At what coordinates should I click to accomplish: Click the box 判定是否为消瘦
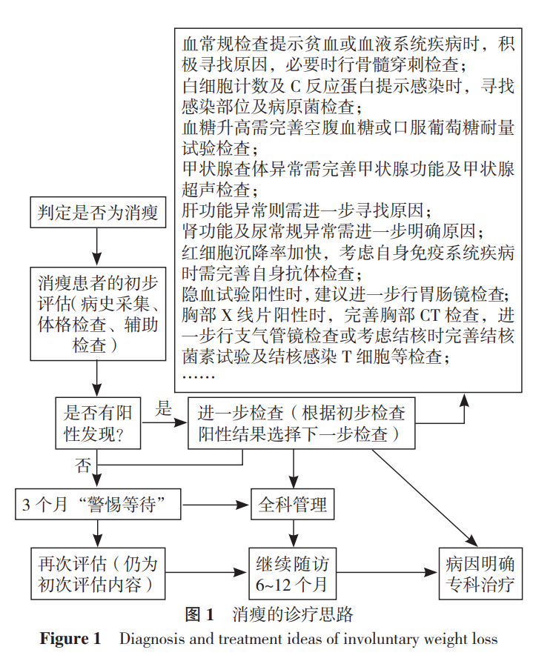[98, 212]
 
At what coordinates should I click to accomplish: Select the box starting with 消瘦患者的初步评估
[98, 313]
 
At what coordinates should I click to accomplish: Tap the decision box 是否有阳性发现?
[98, 423]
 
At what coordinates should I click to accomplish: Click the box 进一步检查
[302, 423]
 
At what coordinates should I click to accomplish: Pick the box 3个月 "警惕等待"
[98, 505]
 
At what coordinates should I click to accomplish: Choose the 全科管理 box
[293, 505]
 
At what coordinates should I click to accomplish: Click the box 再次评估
[98, 574]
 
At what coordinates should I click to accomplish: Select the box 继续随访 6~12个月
[293, 574]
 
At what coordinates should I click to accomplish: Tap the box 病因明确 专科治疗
[480, 574]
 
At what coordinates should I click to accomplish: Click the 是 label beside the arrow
[163, 408]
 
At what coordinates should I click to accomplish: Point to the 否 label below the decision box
[83, 466]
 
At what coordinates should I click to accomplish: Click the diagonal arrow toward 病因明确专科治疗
[425, 498]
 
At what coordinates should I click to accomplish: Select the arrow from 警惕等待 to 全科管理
[216, 505]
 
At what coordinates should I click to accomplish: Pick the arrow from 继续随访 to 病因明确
[387, 573]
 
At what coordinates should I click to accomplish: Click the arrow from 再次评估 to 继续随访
[206, 573]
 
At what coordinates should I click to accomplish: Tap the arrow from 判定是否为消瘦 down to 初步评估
[97, 247]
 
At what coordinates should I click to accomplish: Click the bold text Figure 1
[70, 639]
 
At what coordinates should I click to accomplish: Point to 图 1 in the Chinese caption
[199, 614]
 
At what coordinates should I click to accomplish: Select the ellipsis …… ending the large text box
[199, 376]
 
